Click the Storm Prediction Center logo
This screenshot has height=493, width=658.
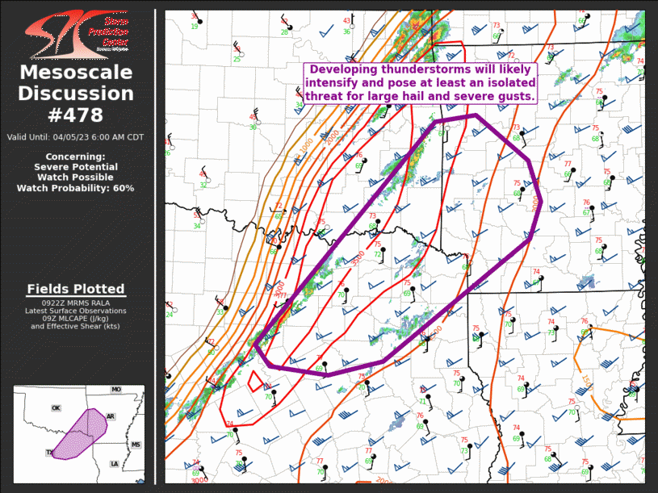pos(76,34)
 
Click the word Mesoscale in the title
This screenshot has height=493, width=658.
pos(76,73)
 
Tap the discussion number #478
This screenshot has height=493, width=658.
pos(76,115)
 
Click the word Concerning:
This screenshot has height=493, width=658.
pos(75,157)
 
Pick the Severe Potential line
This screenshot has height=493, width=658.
pos(75,167)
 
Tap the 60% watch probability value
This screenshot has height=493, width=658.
pos(123,188)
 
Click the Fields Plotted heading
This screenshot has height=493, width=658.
pos(76,289)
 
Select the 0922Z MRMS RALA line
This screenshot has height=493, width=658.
pos(76,303)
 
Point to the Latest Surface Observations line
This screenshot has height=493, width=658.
pos(76,311)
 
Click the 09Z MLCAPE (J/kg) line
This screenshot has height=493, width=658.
pos(76,319)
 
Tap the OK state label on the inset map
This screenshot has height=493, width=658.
pos(56,408)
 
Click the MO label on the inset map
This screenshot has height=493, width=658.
pos(116,390)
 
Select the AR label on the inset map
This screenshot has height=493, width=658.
pos(111,416)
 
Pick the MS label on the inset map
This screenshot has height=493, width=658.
pos(136,445)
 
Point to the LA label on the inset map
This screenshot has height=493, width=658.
pos(114,464)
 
